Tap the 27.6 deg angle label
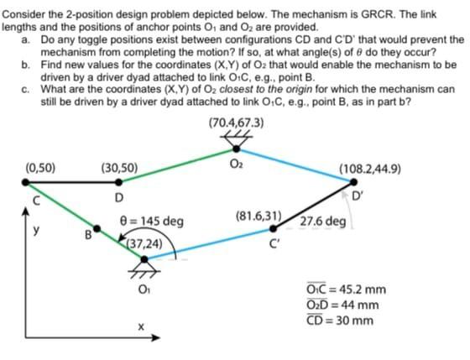(322, 222)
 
